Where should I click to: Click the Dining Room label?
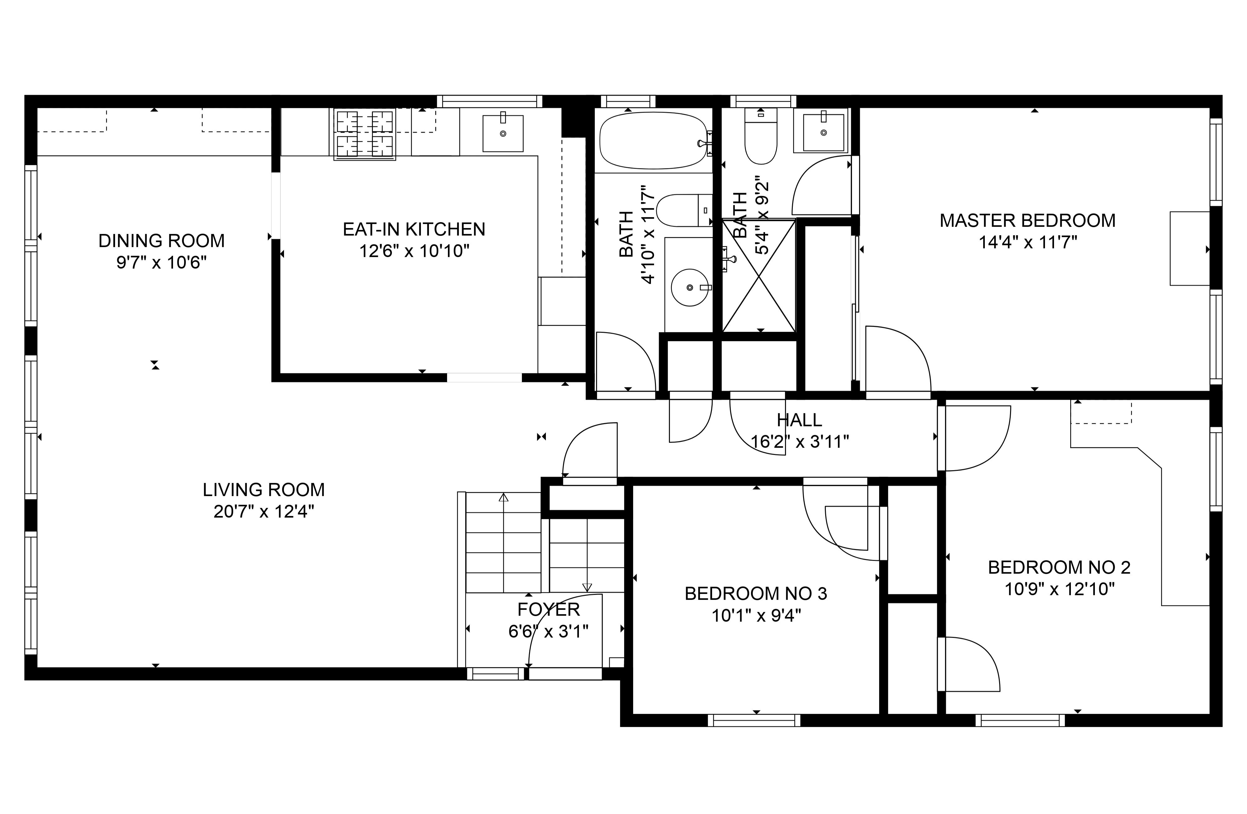click(x=161, y=241)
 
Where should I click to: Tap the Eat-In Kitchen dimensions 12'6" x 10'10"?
click(x=414, y=251)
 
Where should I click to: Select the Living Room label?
click(x=263, y=490)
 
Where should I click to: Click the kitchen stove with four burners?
click(x=365, y=134)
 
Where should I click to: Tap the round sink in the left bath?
click(x=690, y=288)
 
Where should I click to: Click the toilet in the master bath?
click(x=761, y=136)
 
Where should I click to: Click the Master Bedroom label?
click(x=1028, y=221)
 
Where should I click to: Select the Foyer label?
click(x=549, y=610)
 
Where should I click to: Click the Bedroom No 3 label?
click(x=756, y=593)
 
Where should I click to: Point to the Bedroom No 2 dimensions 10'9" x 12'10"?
click(x=1059, y=589)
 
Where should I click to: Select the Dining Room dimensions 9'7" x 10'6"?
click(x=161, y=262)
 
